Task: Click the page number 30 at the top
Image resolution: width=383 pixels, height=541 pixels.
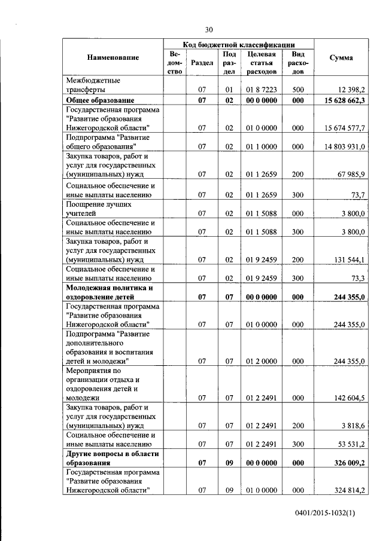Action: tap(209, 29)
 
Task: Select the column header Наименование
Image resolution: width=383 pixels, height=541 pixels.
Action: tap(113, 57)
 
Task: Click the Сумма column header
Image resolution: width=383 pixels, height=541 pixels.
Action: tap(341, 57)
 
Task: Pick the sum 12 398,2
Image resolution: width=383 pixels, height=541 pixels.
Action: tap(348, 90)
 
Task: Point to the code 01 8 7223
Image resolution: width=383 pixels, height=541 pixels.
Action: tap(260, 90)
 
